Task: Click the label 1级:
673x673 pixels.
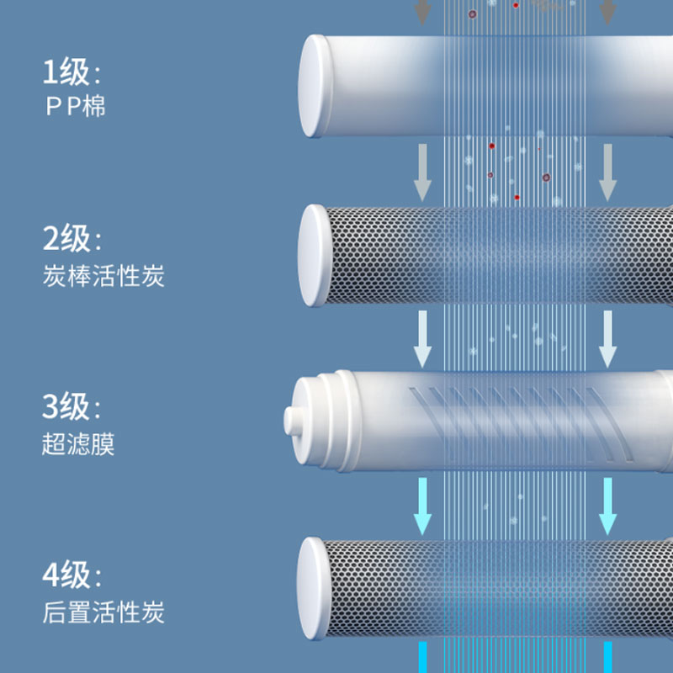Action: tap(72, 72)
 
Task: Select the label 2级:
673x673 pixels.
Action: tap(72, 240)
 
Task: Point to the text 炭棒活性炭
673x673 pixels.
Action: tap(103, 276)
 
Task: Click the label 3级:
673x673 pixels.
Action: tap(72, 408)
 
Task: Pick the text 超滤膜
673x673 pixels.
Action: tap(78, 444)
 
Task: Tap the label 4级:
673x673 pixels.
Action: tap(72, 576)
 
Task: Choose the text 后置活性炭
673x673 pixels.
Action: tap(103, 612)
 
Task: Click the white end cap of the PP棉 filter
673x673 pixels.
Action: tap(315, 86)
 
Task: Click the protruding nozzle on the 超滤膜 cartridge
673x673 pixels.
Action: tap(294, 419)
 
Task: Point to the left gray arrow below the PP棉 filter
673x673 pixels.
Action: tap(422, 175)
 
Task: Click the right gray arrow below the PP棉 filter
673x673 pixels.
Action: tap(607, 175)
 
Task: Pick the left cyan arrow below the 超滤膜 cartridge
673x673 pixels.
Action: tap(422, 508)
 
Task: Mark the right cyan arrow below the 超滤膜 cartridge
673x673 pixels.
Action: tap(607, 508)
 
